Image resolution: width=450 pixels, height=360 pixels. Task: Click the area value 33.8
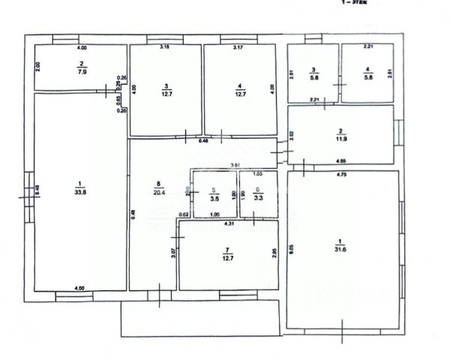point(79,190)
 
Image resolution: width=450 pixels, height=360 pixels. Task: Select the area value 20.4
point(156,190)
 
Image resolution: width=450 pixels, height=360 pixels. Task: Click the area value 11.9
point(340,139)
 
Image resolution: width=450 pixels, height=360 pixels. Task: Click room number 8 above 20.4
point(156,182)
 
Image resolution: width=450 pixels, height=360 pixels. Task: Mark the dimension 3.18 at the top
point(165,47)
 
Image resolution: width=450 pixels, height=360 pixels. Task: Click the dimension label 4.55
point(340,160)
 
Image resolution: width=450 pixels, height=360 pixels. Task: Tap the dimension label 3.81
point(234,165)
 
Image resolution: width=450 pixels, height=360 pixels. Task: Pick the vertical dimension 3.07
point(173,253)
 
